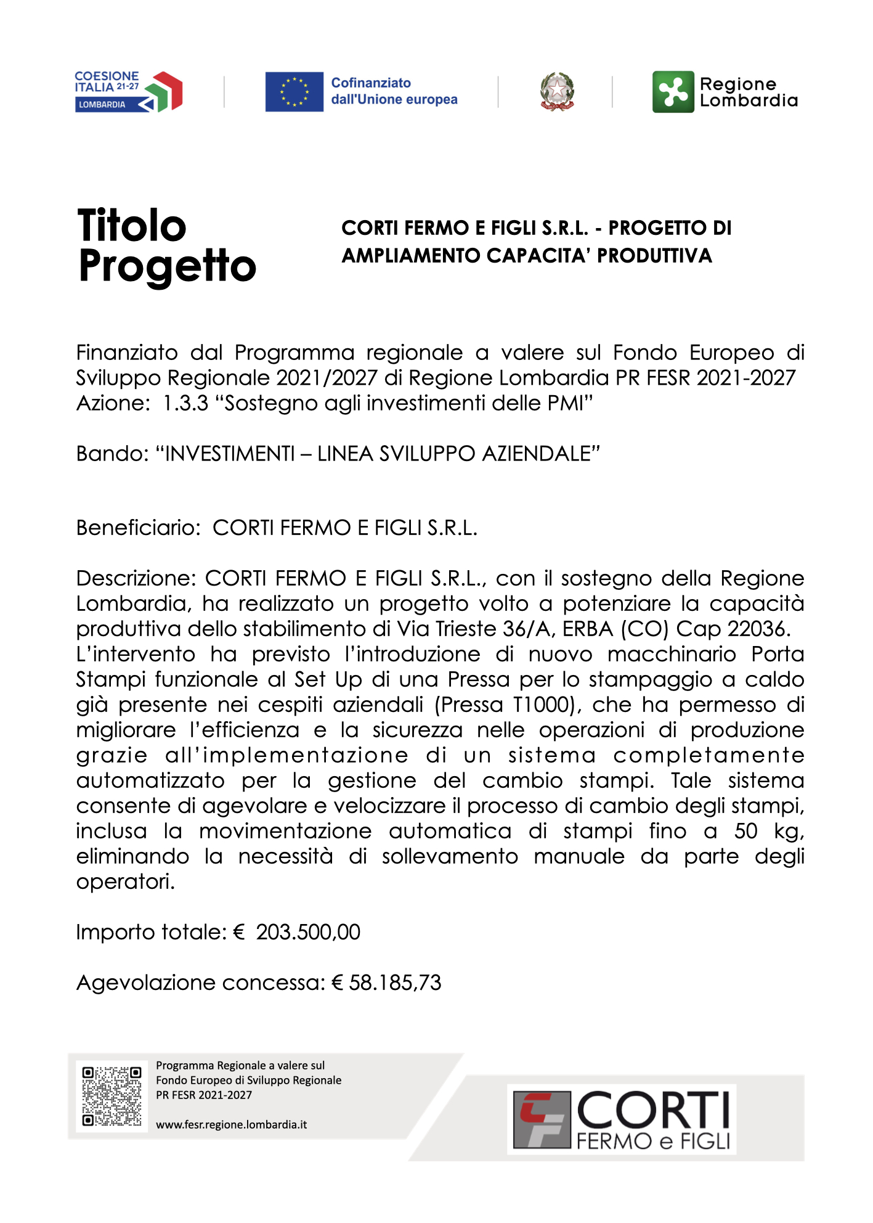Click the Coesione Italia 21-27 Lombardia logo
[128, 92]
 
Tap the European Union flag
[294, 92]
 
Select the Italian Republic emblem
[557, 92]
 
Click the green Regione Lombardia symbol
[673, 92]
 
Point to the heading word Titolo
[132, 226]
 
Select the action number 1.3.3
[185, 403]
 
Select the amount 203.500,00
[308, 932]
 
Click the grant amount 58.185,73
[395, 983]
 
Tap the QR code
[112, 1096]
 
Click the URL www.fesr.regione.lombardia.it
[231, 1124]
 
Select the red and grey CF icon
[542, 1119]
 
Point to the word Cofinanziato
[371, 83]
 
